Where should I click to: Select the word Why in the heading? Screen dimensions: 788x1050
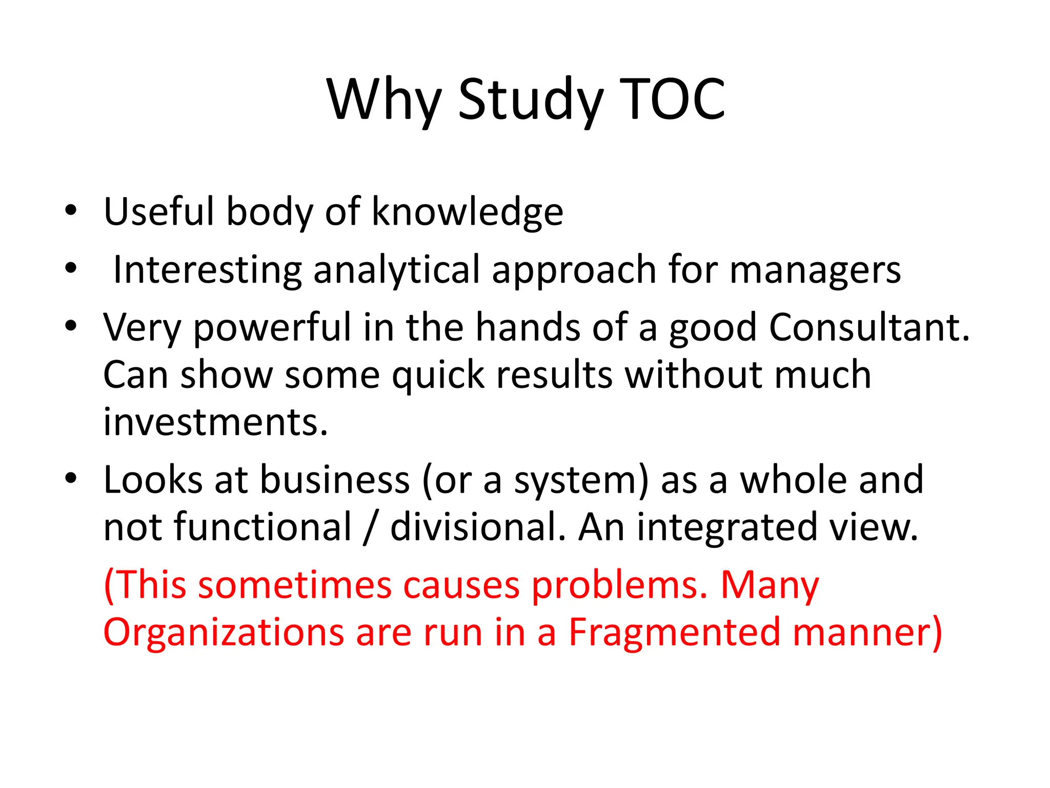[x=383, y=100]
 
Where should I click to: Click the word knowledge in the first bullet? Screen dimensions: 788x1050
[x=467, y=211]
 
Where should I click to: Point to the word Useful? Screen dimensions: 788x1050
[x=159, y=211]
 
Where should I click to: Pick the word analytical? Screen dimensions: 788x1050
[x=397, y=270]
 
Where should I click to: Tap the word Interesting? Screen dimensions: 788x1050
[x=207, y=270]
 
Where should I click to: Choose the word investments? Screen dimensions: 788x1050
[x=215, y=422]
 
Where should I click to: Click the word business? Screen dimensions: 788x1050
[x=335, y=480]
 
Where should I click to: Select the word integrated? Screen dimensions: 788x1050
[x=727, y=527]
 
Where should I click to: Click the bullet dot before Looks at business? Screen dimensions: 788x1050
[x=71, y=478]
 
